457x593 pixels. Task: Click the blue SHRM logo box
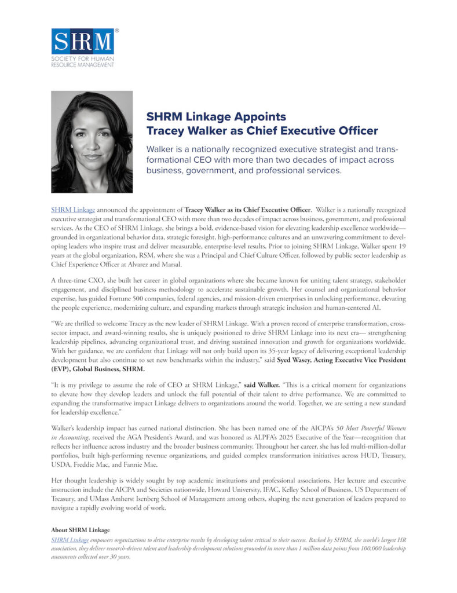pyautogui.click(x=82, y=41)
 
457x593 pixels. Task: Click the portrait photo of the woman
pyautogui.click(x=92, y=142)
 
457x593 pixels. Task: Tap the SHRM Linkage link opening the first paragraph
pyautogui.click(x=73, y=208)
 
